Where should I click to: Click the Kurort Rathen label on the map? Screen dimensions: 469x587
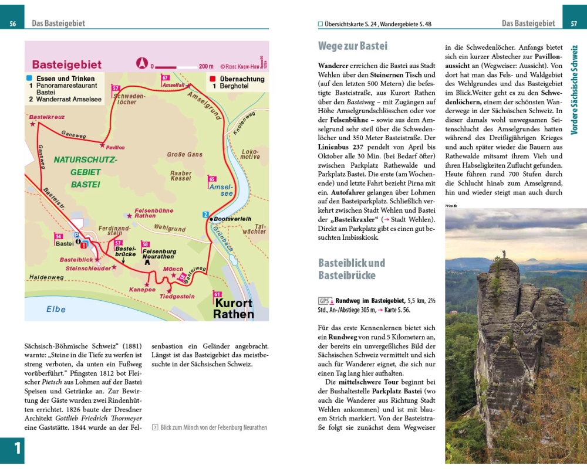(234, 308)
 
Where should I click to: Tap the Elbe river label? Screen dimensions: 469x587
(56, 309)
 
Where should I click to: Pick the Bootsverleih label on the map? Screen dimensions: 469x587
(232, 219)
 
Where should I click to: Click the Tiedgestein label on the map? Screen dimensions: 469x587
(177, 297)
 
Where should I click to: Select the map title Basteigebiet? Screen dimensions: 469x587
(66, 65)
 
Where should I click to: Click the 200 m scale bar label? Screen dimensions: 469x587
(206, 66)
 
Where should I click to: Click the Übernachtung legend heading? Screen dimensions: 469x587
(242, 79)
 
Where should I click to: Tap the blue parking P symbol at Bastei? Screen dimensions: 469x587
(76, 234)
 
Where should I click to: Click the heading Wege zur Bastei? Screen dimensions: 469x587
(353, 46)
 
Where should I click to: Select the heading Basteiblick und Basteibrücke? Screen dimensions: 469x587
(352, 269)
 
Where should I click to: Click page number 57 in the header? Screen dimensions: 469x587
(573, 23)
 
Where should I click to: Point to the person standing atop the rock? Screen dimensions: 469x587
(503, 254)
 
